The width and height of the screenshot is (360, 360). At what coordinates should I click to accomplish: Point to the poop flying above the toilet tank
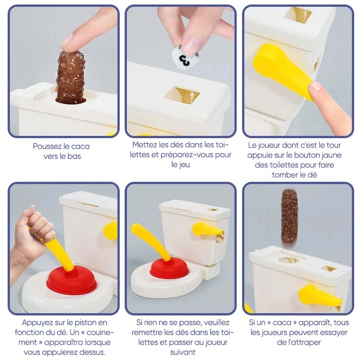click(x=289, y=216)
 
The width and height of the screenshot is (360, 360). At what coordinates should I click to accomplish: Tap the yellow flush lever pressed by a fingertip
click(x=283, y=71)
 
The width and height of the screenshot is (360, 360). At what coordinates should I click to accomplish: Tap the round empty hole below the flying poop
click(x=288, y=260)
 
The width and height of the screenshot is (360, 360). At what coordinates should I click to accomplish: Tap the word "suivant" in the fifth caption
click(x=183, y=352)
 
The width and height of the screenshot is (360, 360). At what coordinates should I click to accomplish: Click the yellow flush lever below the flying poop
click(x=319, y=296)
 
